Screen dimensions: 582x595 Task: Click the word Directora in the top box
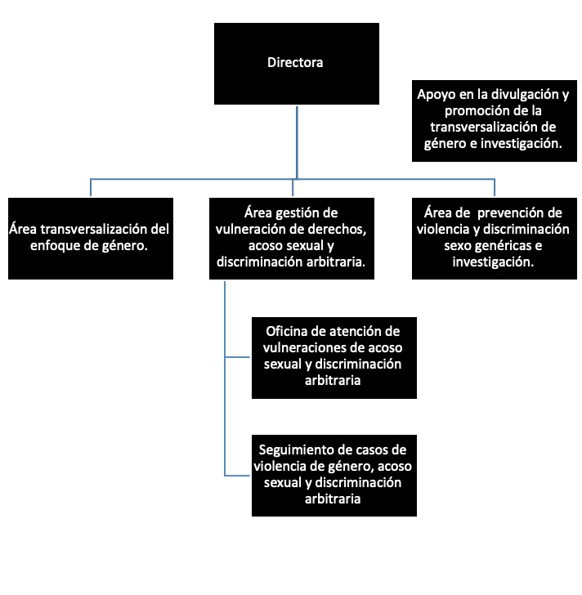coord(295,63)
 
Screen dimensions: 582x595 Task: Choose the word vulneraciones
coord(307,348)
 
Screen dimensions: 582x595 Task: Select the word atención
coord(356,332)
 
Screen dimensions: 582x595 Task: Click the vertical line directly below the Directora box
coord(297,143)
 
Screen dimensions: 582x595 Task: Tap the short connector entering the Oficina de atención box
coord(238,357)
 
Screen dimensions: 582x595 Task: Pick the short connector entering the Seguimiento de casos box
coord(238,476)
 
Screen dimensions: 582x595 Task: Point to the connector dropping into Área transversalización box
coord(91,187)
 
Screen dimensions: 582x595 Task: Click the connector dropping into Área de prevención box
coord(495,187)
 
